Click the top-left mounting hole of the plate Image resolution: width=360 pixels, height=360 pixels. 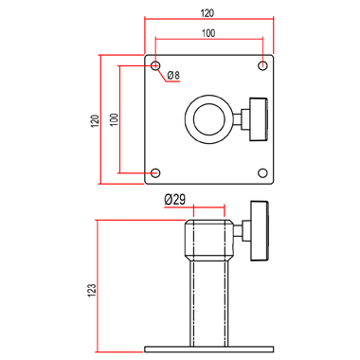155,65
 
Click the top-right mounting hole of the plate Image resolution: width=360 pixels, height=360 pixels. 262,65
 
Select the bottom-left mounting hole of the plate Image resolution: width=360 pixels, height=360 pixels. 155,173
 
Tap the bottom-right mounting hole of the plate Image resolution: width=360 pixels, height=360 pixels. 262,173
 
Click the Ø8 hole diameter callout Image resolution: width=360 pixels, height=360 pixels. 173,75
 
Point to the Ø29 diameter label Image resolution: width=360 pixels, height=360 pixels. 175,199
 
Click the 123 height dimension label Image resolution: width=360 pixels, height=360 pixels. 92,291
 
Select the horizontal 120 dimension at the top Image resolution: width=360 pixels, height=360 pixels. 207,13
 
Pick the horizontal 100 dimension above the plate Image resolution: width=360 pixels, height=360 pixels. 208,33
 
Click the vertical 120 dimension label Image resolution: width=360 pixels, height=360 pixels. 95,120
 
